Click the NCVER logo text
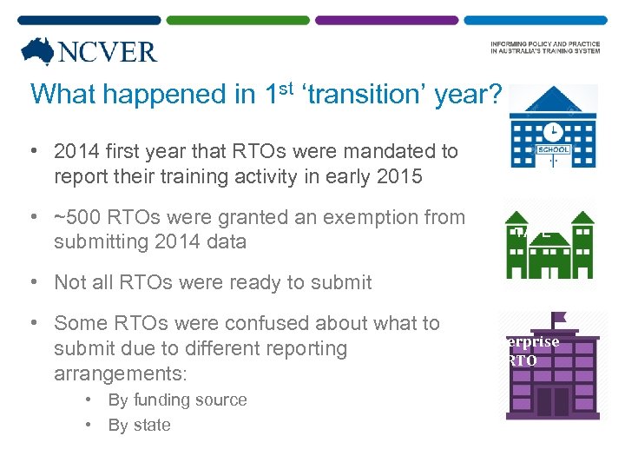click(x=107, y=51)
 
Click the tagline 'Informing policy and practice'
click(x=544, y=44)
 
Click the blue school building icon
click(x=552, y=127)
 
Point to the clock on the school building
click(x=552, y=130)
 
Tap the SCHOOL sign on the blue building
click(x=553, y=150)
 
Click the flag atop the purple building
click(x=557, y=320)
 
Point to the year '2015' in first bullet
click(x=400, y=176)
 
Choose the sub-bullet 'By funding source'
click(x=177, y=400)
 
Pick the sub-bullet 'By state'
click(x=139, y=425)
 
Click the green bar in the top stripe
click(x=237, y=20)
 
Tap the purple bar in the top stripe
click(x=386, y=20)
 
